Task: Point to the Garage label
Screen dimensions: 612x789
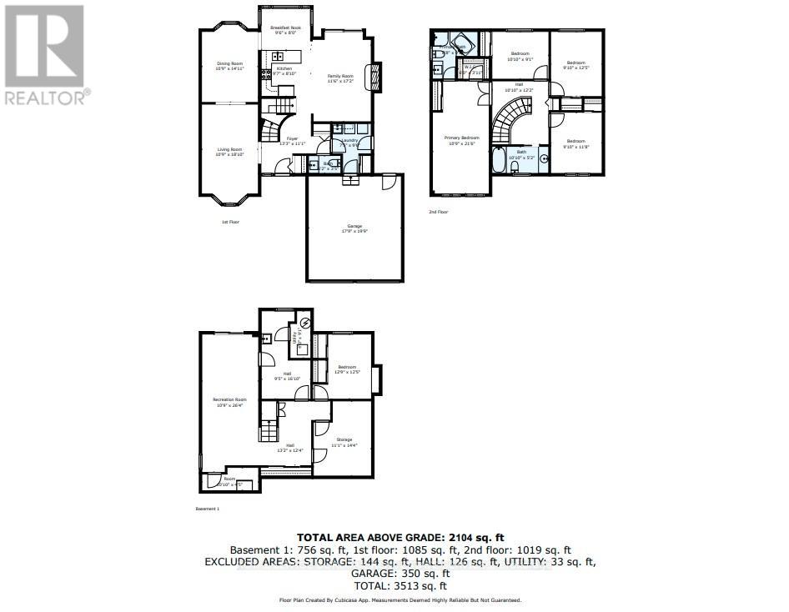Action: click(354, 228)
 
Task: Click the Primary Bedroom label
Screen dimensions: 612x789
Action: click(461, 140)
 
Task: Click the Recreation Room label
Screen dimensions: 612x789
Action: click(229, 402)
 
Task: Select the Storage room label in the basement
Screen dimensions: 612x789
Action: click(344, 441)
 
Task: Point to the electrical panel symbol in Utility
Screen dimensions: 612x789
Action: click(305, 322)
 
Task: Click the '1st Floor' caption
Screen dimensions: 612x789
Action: click(230, 222)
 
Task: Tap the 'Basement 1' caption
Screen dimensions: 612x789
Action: click(206, 508)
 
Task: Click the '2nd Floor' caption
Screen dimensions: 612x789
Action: click(439, 212)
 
